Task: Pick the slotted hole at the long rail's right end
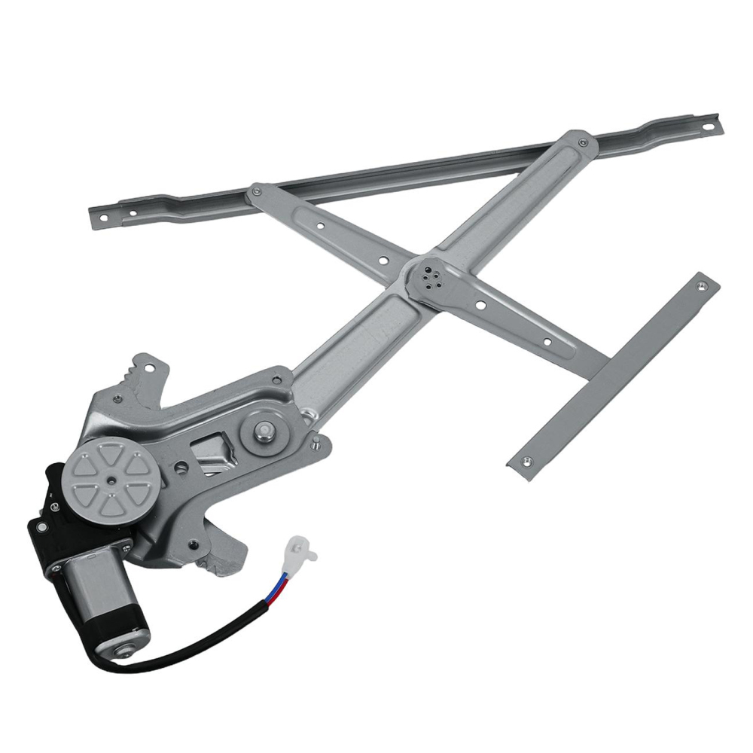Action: point(709,127)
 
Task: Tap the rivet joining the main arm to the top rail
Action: point(582,142)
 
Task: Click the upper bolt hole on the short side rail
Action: point(701,286)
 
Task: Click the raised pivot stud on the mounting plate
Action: point(264,431)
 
